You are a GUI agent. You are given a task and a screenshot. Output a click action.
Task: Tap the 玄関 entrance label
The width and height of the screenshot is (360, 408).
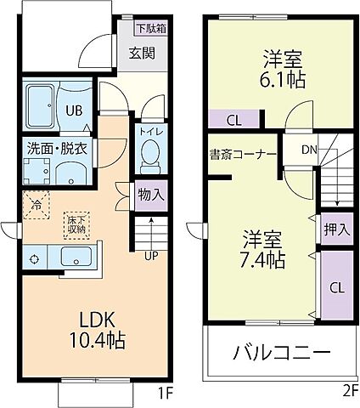coord(143,53)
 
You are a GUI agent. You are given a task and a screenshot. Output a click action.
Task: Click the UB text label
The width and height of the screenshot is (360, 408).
coord(75,110)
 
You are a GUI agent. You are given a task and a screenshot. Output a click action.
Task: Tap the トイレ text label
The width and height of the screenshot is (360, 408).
coord(150,132)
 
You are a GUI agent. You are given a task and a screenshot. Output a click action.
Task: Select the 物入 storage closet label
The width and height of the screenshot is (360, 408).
coord(150,195)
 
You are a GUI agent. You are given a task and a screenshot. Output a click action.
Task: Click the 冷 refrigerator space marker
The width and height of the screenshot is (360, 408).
coord(37,204)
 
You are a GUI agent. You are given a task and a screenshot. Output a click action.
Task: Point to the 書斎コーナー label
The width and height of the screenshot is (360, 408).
coord(242,155)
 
